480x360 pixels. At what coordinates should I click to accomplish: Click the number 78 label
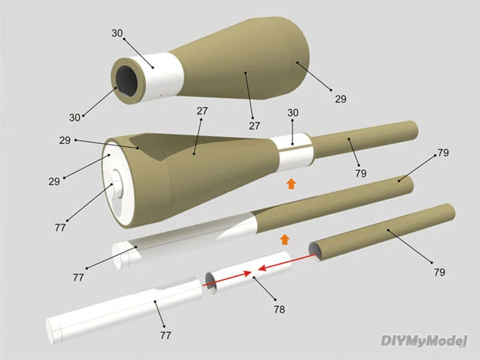278,310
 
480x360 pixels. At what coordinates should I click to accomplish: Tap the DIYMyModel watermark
424,341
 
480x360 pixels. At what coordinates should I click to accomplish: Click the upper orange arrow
291,183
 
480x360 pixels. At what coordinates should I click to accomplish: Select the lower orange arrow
284,239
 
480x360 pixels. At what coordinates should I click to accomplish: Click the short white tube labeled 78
252,273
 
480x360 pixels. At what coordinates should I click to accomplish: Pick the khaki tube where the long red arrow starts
384,231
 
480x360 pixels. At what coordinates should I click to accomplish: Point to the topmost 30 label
118,34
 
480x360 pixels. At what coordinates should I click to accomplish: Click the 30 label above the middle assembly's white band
293,113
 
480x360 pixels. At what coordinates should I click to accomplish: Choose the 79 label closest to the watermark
439,272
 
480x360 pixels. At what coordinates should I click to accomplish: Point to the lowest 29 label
55,181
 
